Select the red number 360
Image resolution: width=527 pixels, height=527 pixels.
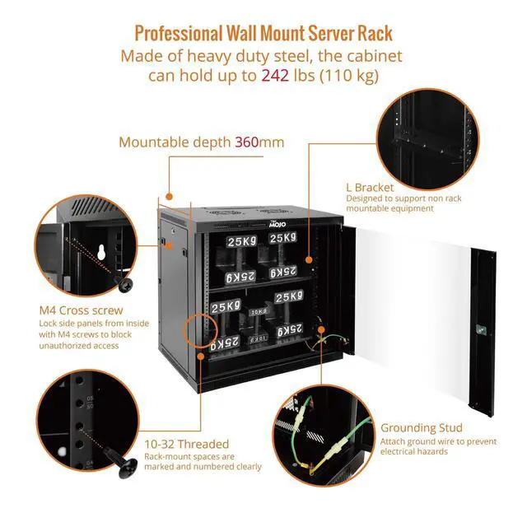point(246,142)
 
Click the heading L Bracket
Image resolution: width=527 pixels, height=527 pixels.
point(370,187)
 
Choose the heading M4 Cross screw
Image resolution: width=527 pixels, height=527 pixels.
point(81,310)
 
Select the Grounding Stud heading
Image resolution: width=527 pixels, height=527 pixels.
point(422,428)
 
